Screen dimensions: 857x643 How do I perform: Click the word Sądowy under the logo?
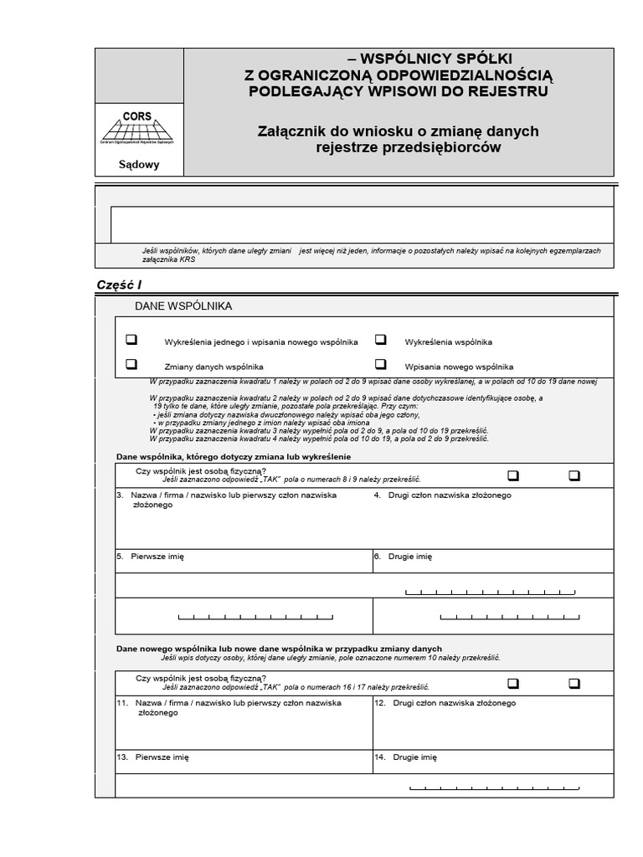(x=138, y=164)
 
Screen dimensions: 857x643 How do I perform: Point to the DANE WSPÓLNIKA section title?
(x=183, y=306)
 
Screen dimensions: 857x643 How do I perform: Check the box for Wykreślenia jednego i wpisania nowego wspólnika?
(x=131, y=341)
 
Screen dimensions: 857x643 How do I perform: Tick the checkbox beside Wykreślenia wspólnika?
(x=380, y=341)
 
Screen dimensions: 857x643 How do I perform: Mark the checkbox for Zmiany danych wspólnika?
(x=131, y=365)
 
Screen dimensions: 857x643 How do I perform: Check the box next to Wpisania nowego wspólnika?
(x=380, y=365)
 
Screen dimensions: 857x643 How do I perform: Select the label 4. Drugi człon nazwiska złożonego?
(x=442, y=495)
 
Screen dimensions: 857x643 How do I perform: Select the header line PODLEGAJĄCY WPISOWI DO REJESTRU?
(x=398, y=90)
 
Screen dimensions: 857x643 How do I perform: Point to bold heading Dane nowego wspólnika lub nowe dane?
(x=279, y=649)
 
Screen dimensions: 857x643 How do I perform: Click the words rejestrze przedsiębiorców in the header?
(x=408, y=148)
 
